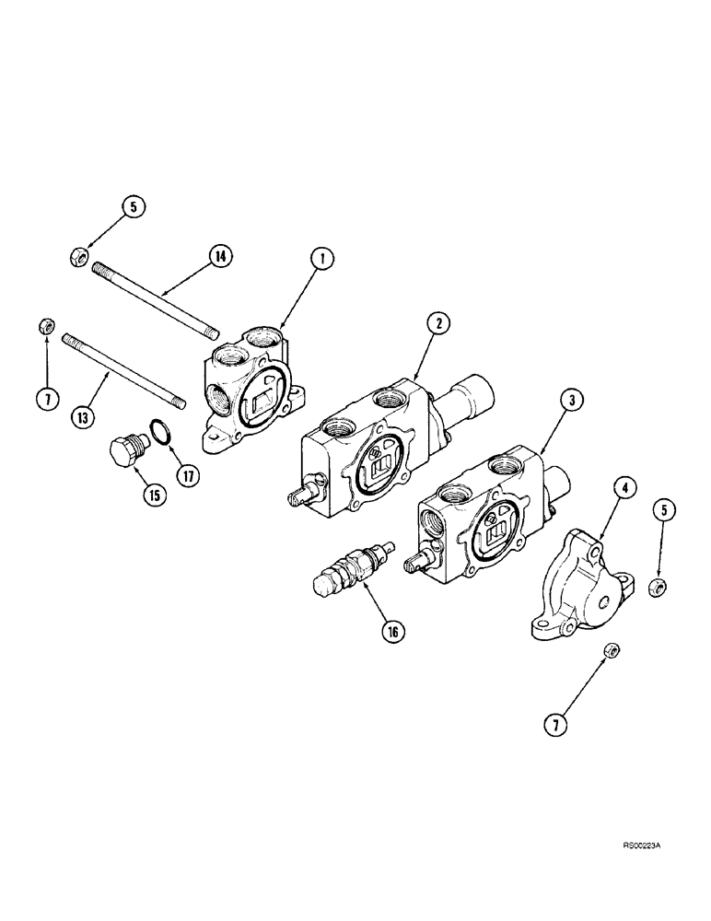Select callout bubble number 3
click(x=570, y=399)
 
